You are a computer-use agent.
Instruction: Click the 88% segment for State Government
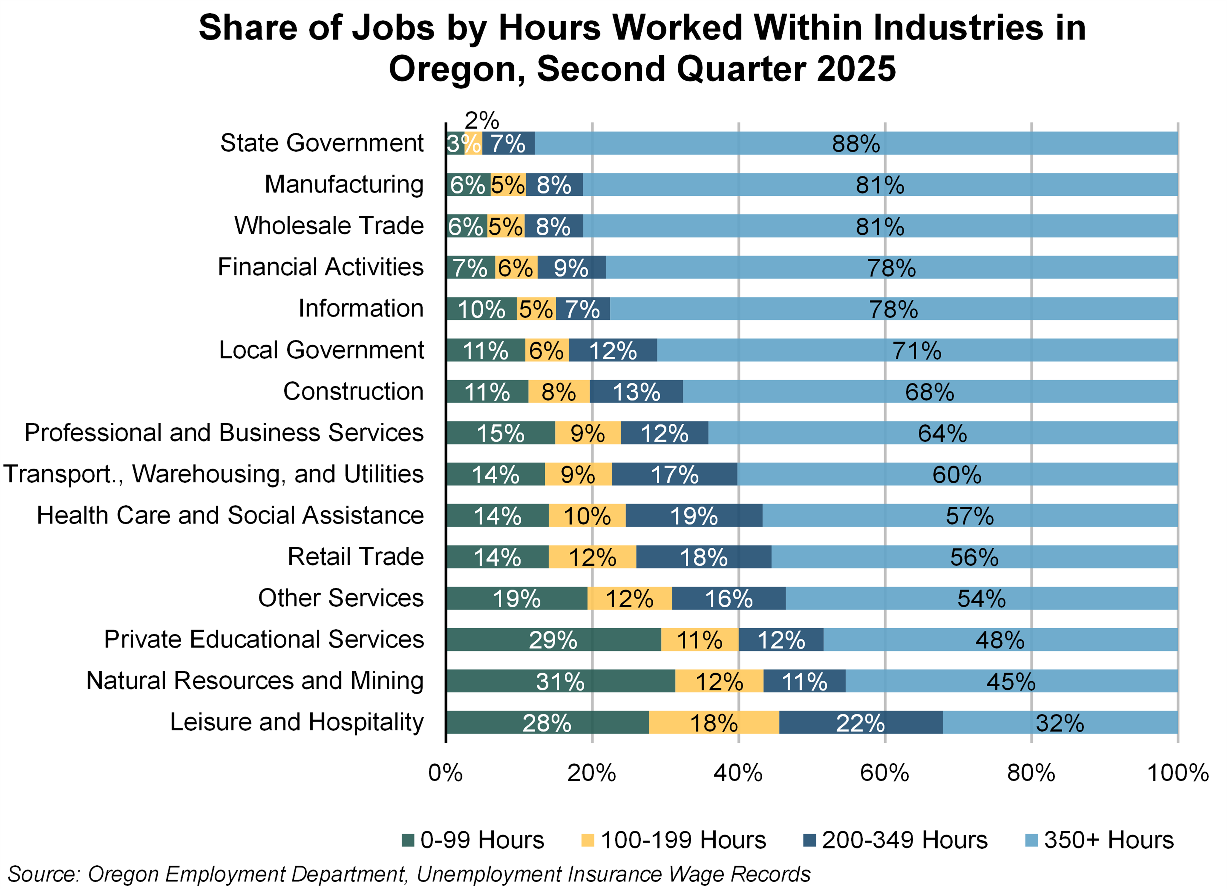pos(856,143)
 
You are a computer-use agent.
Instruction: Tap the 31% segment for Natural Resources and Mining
pos(561,681)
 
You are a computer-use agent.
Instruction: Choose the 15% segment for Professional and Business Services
pos(501,433)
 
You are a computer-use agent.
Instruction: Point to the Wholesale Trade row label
pos(329,226)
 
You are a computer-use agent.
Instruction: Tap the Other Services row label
pos(341,598)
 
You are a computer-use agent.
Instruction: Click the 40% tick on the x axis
pos(738,773)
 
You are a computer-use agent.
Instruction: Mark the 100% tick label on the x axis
pos(1177,773)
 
